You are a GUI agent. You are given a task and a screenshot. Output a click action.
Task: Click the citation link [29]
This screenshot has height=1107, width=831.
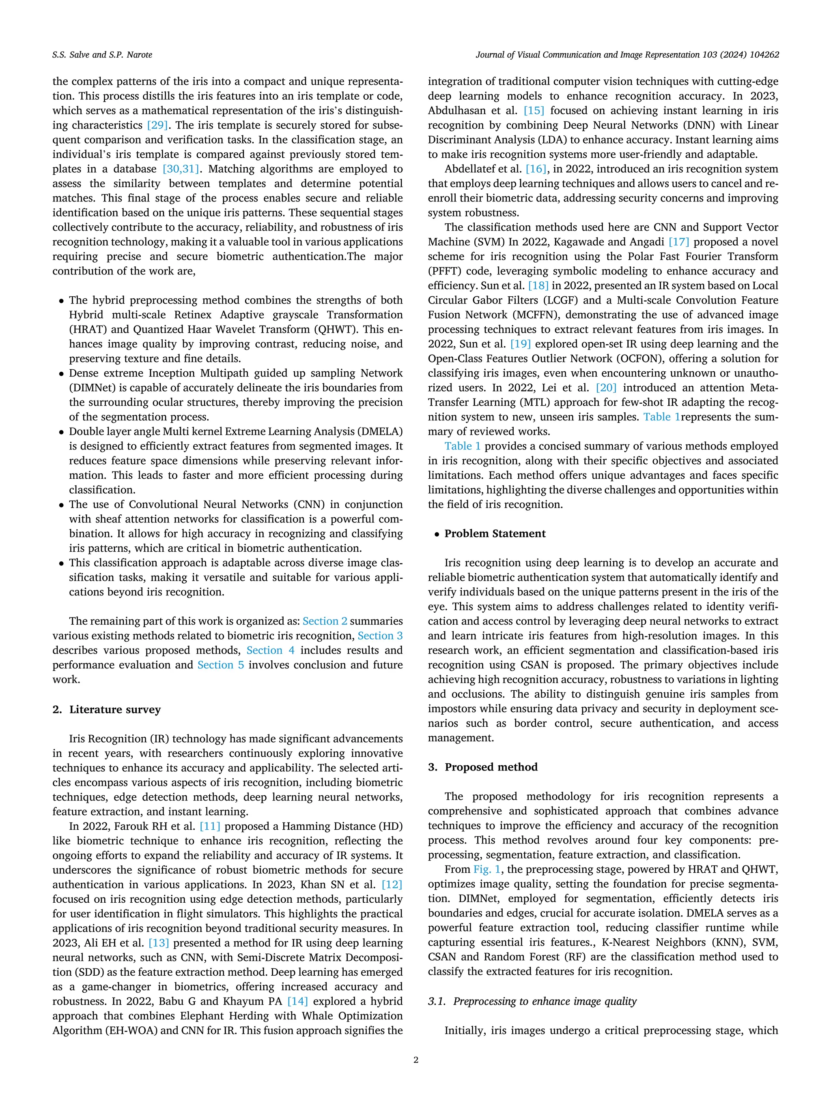pyautogui.click(x=157, y=125)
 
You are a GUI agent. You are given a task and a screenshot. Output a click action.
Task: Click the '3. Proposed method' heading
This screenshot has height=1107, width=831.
pyautogui.click(x=482, y=767)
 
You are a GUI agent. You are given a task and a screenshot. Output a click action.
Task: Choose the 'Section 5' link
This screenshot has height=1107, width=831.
pyautogui.click(x=220, y=665)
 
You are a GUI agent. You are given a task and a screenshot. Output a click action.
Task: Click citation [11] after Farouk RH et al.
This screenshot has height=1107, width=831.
pyautogui.click(x=210, y=826)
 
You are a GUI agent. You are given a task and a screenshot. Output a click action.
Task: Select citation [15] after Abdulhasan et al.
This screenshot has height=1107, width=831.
pyautogui.click(x=534, y=111)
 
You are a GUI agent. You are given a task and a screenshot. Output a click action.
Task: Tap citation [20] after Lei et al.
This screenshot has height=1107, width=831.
pyautogui.click(x=606, y=388)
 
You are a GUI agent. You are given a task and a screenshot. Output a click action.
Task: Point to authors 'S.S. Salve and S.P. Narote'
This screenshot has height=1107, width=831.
pyautogui.click(x=102, y=55)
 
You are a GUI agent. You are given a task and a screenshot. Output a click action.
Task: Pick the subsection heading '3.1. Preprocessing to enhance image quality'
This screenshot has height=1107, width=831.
pyautogui.click(x=532, y=1000)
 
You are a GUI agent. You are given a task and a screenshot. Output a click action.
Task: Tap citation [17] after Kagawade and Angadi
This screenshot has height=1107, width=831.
pyautogui.click(x=679, y=242)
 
